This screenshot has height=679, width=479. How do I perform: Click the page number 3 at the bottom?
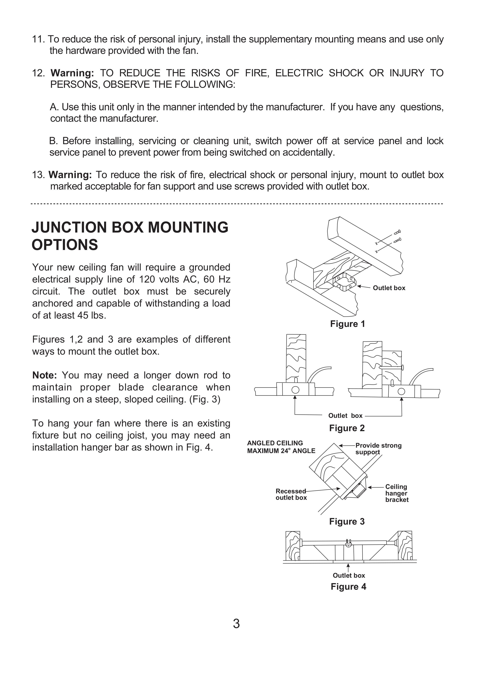236,624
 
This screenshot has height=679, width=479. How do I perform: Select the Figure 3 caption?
347,521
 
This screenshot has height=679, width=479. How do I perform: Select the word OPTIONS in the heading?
65,245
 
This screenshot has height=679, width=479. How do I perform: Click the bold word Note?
44,375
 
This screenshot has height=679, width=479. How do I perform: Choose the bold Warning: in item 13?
70,175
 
